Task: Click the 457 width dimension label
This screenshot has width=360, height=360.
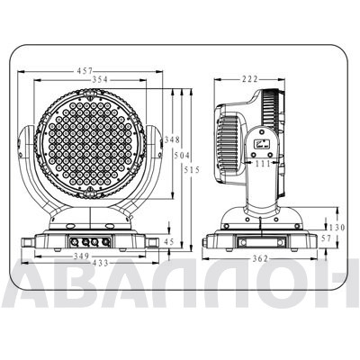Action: coord(85,71)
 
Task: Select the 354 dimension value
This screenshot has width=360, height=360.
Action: coord(100,79)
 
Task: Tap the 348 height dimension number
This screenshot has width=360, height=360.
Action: coord(172,139)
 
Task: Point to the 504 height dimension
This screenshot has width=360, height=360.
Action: coord(182,156)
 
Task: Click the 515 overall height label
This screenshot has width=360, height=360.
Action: coord(192,170)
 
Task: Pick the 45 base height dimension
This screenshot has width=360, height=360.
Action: coord(169,242)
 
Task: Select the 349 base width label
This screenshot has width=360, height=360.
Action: coord(81,256)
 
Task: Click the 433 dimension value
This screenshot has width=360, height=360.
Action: coord(100,263)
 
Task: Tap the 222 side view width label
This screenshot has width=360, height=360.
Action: coord(249,79)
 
